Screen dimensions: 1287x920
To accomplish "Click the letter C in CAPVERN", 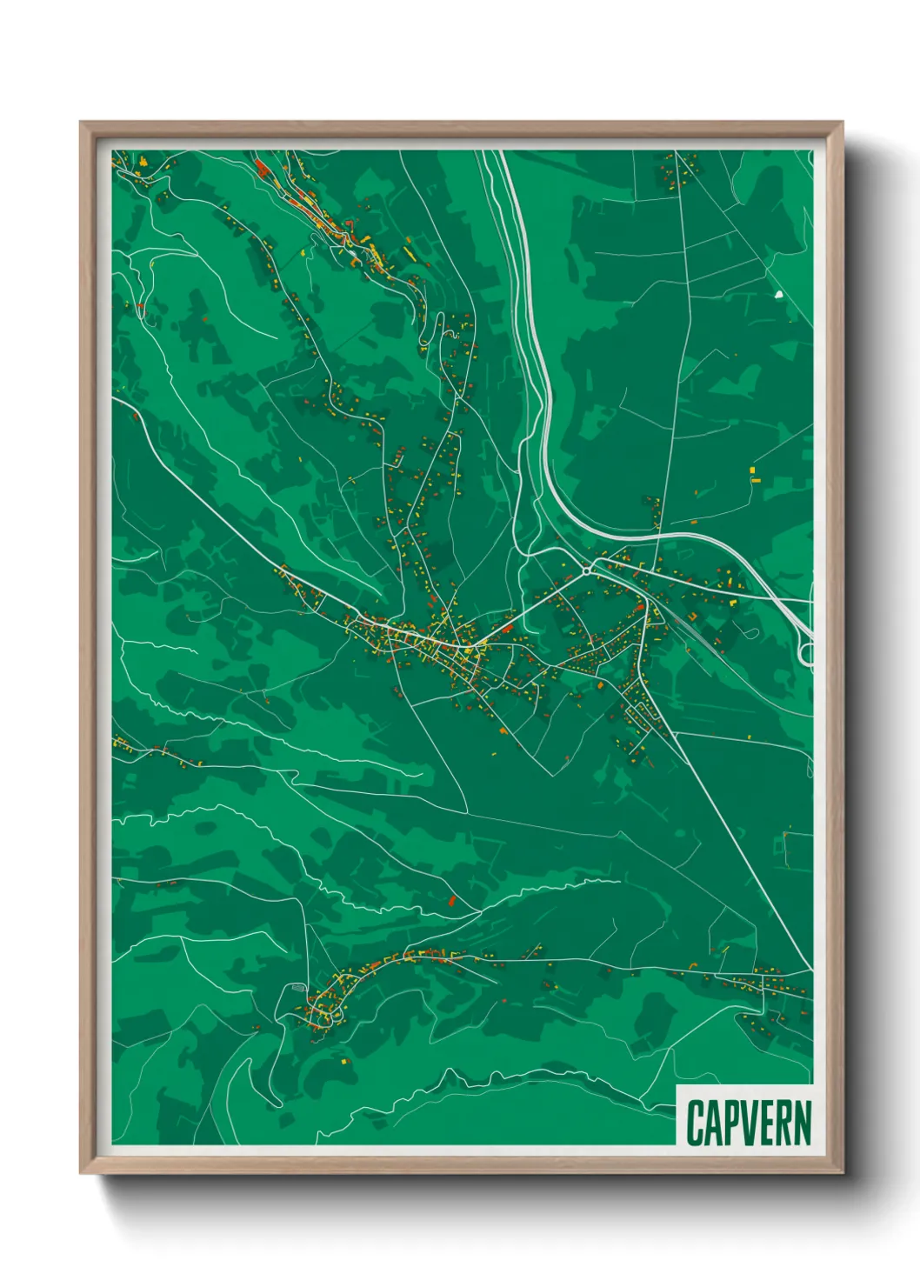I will pyautogui.click(x=695, y=1123).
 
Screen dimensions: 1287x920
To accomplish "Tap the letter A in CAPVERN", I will pyautogui.click(x=712, y=1123).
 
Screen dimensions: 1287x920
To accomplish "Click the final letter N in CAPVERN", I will pyautogui.click(x=801, y=1123).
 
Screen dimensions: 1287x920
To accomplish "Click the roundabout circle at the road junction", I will pyautogui.click(x=589, y=570).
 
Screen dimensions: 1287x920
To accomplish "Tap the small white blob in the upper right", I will pyautogui.click(x=778, y=295).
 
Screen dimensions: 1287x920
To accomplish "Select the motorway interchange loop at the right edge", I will pyautogui.click(x=806, y=651).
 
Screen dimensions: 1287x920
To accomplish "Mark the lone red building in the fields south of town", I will pyautogui.click(x=451, y=900).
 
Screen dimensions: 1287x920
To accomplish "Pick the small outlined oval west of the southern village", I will pyautogui.click(x=297, y=989).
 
